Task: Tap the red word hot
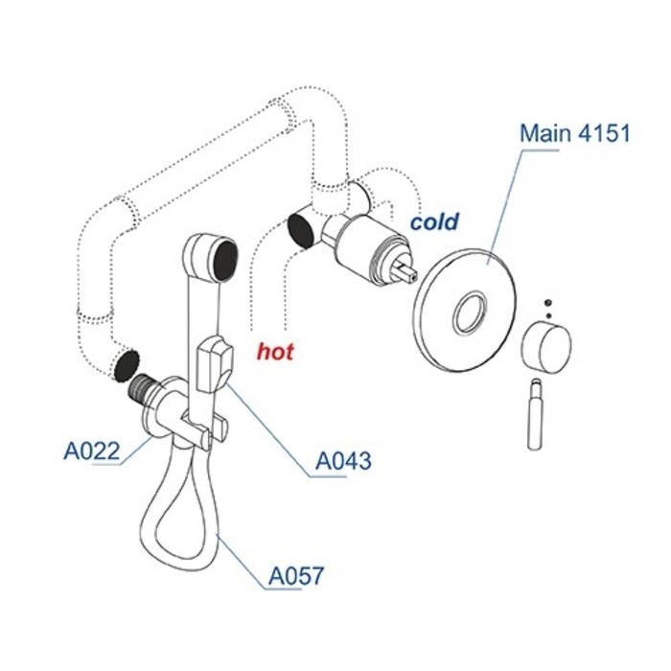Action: (275, 352)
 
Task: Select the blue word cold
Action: (435, 221)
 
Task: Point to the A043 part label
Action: (343, 462)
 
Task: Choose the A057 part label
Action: (295, 577)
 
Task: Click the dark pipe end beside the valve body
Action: (301, 230)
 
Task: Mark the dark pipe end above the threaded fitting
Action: (126, 363)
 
